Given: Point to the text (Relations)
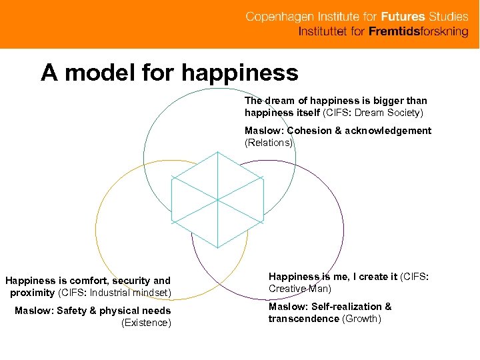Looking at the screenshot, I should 269,143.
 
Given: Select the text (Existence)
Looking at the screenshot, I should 146,323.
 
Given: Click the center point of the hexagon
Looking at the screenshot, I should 217,199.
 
